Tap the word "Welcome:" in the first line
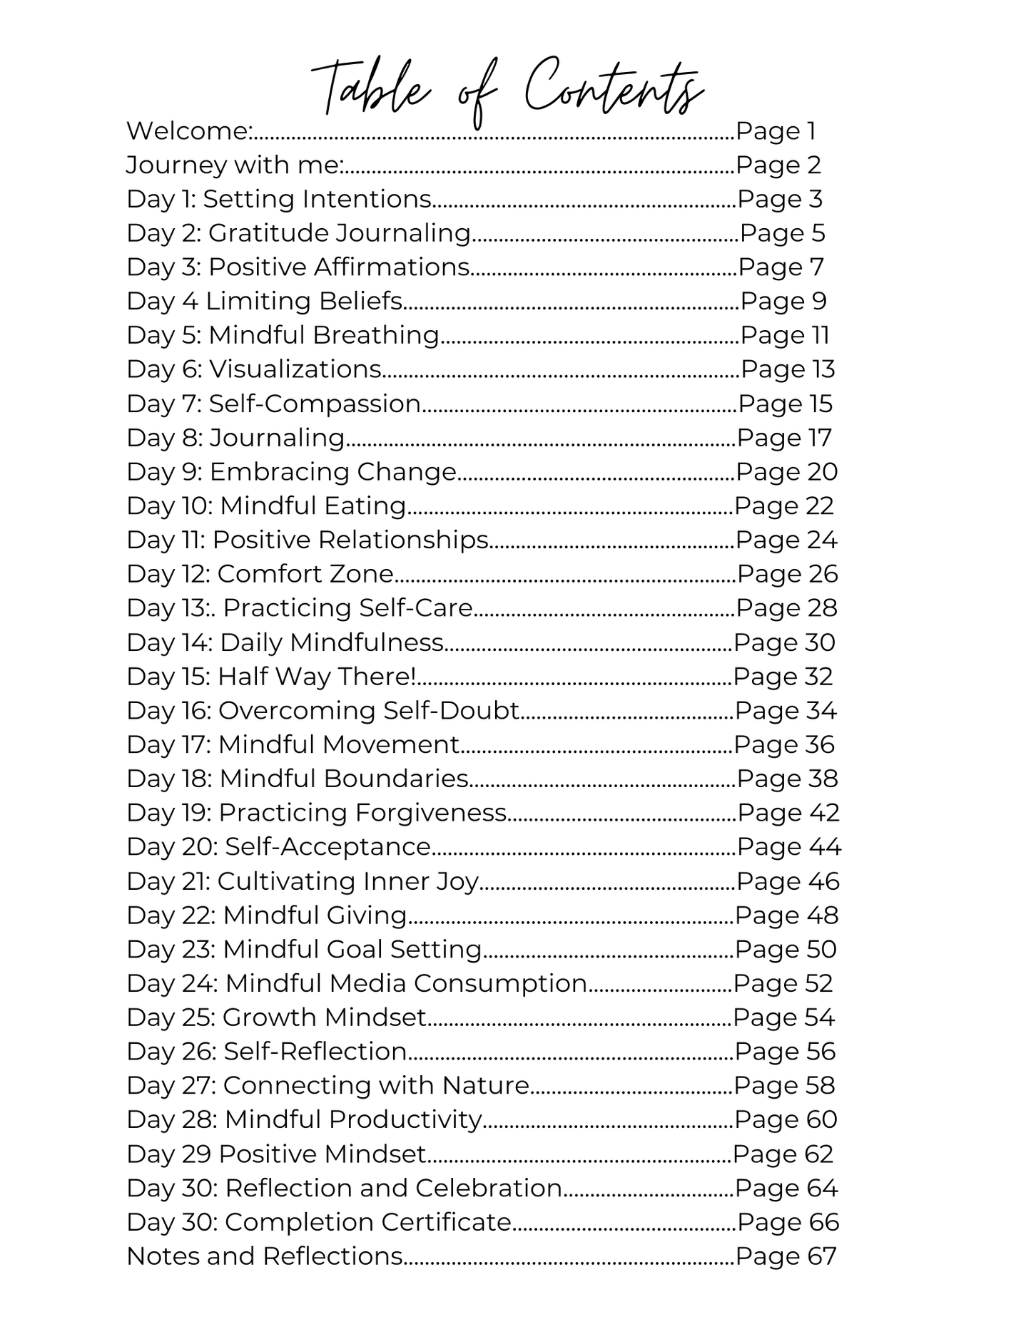tap(189, 131)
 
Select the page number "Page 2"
tap(778, 165)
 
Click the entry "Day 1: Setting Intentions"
tap(279, 199)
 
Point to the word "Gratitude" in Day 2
tap(268, 233)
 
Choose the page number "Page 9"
tap(783, 302)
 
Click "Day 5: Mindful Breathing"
tap(283, 335)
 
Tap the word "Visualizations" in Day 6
tap(295, 369)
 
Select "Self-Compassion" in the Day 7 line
tap(315, 404)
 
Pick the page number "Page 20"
tap(786, 472)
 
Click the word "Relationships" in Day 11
tap(403, 540)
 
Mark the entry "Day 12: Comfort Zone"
tap(260, 574)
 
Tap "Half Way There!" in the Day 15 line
tap(316, 677)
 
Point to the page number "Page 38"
tap(787, 779)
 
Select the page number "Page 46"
tap(788, 881)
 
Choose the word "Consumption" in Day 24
tap(500, 983)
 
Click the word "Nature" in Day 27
tap(485, 1086)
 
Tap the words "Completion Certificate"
tap(368, 1222)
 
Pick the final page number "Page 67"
tap(786, 1256)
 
